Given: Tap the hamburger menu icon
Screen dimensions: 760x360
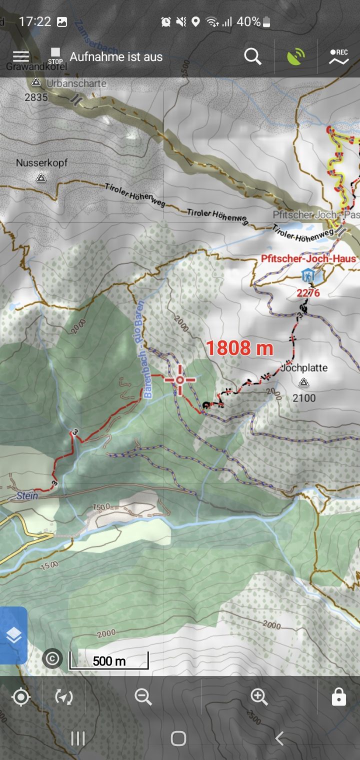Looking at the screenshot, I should click(x=21, y=57).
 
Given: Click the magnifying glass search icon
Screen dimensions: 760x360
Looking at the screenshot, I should click(x=252, y=57).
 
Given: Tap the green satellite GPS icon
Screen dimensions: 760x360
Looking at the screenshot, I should click(x=296, y=57).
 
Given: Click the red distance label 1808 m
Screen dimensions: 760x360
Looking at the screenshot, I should click(x=239, y=347).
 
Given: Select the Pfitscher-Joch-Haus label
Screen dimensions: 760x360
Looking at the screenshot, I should click(x=308, y=258).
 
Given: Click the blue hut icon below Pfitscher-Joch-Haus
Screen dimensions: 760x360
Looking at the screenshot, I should click(x=308, y=274).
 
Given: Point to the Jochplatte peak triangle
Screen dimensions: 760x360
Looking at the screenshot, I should click(x=303, y=382).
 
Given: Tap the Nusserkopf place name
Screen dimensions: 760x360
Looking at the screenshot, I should click(x=41, y=163).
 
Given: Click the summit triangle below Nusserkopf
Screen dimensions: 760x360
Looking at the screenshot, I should click(x=41, y=177).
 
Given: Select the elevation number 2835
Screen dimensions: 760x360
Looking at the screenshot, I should click(x=36, y=97).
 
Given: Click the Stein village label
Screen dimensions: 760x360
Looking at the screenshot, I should click(x=27, y=496).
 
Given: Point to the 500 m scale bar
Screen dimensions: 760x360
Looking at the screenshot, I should click(x=109, y=661).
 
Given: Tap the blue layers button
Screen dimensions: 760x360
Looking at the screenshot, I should click(x=14, y=635).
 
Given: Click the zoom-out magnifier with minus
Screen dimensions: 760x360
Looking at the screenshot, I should click(x=143, y=696).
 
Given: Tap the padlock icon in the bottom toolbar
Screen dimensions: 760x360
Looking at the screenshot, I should click(x=338, y=696).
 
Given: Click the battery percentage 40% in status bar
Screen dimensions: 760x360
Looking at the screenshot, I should click(x=248, y=21).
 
